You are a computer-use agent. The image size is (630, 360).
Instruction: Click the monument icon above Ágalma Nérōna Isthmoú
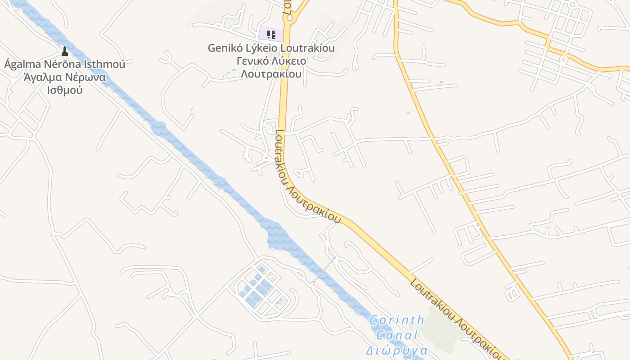(x=64, y=51)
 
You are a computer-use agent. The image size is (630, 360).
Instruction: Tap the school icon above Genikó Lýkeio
(x=271, y=34)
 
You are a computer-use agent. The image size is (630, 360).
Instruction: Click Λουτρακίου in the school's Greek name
(x=271, y=74)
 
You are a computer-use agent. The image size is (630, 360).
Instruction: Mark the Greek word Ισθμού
(x=64, y=90)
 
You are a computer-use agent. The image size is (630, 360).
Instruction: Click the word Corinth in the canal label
(x=396, y=320)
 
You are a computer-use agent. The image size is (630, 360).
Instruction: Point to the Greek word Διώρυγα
(x=396, y=350)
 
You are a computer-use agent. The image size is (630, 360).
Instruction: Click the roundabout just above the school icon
(x=289, y=18)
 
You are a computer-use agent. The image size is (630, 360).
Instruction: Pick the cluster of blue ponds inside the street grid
(x=256, y=288)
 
